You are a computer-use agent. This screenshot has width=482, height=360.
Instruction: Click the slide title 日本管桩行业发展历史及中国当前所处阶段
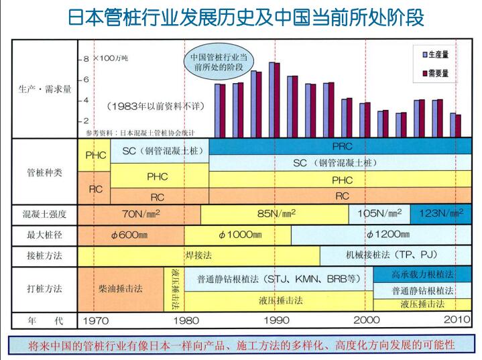[246, 17]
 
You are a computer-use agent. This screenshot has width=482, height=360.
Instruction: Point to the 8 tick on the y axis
[85, 60]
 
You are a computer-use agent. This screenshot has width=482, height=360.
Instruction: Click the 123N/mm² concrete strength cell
[440, 214]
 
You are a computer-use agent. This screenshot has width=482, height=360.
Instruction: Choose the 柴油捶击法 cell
[121, 288]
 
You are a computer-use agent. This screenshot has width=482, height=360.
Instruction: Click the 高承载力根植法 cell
[422, 275]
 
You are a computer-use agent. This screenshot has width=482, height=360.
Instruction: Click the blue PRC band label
[342, 145]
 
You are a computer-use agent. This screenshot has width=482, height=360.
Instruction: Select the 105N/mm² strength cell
[379, 214]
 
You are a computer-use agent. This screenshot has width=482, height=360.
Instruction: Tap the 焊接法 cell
[198, 255]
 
